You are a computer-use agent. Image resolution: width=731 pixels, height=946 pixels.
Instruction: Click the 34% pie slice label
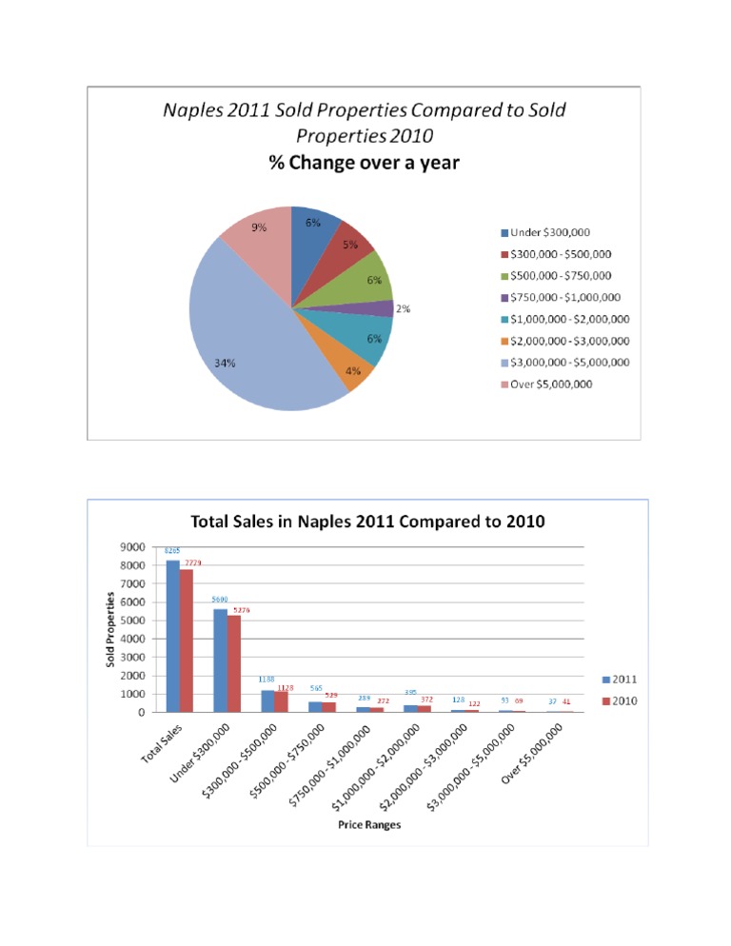(x=226, y=363)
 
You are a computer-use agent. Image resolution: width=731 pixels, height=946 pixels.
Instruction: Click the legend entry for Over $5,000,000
(x=552, y=384)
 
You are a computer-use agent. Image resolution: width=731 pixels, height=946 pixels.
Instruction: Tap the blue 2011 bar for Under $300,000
(x=220, y=660)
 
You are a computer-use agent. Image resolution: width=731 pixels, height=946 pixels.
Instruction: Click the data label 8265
(x=172, y=551)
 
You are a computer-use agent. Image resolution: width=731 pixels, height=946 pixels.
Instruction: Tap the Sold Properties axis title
(x=110, y=629)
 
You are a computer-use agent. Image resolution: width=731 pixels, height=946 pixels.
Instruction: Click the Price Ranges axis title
(x=369, y=825)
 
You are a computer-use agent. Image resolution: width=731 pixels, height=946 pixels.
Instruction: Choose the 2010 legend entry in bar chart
(x=622, y=700)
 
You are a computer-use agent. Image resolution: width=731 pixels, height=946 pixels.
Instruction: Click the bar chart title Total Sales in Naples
(x=368, y=522)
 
